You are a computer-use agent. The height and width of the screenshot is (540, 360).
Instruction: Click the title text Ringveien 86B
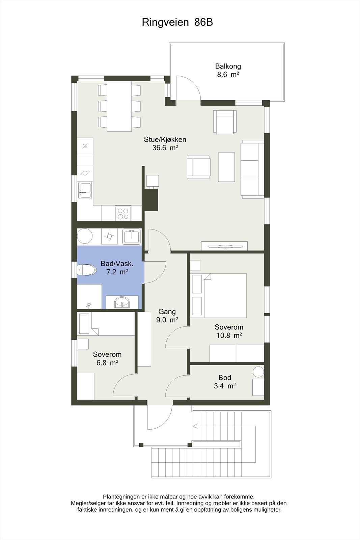tap(177, 22)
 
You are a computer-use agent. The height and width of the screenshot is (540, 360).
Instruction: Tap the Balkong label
tap(228, 66)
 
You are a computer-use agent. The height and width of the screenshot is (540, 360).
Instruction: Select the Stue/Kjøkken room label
tap(165, 139)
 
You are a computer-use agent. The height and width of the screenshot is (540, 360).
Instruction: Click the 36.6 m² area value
tap(165, 148)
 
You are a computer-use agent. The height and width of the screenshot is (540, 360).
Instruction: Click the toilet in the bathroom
tap(86, 270)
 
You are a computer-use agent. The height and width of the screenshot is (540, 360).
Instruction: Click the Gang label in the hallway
tap(167, 312)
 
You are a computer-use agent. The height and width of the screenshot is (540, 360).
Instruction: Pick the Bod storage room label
tap(225, 377)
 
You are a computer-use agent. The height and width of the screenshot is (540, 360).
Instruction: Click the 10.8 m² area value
tap(229, 335)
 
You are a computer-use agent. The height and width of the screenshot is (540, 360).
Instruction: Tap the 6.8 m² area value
tap(107, 363)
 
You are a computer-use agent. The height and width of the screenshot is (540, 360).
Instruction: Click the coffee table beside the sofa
tap(226, 167)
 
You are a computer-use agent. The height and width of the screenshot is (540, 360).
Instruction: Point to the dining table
tap(119, 106)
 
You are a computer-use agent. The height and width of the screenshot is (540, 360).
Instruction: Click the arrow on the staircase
tap(196, 426)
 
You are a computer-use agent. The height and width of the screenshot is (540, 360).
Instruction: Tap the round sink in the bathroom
tap(122, 302)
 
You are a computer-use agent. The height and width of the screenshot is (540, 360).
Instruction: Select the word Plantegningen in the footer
tap(122, 496)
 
